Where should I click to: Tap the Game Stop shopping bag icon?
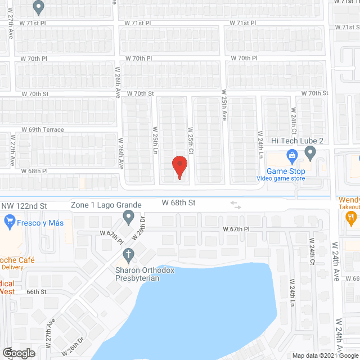[x=291, y=155]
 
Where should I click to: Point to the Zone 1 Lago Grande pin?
[x=128, y=215]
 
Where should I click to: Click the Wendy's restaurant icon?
[x=352, y=216]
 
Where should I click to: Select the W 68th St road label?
[x=178, y=202]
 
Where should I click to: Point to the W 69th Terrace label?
[x=43, y=129]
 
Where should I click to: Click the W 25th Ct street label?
[x=190, y=141]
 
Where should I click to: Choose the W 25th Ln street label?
[x=154, y=141]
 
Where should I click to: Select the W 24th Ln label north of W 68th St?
[x=260, y=145]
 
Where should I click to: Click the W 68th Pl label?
[x=35, y=170]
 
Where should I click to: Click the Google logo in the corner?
[x=18, y=353]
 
